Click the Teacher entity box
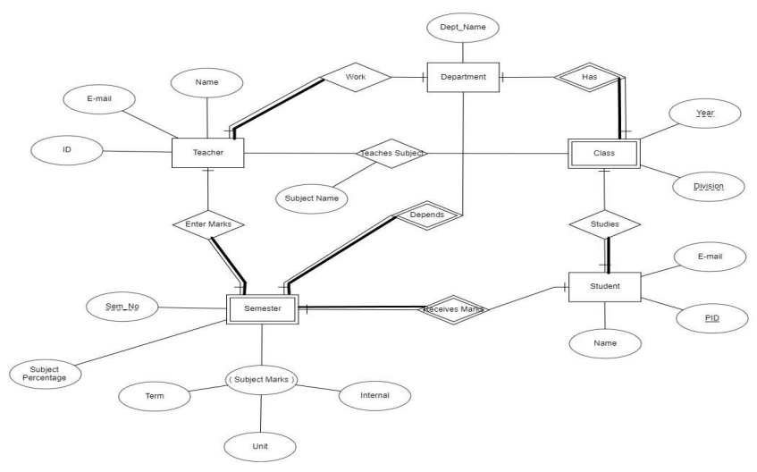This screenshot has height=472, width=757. click(x=207, y=153)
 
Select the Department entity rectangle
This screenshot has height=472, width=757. click(x=463, y=77)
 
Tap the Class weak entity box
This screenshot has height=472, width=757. click(x=604, y=153)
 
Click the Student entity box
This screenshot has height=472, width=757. click(x=604, y=287)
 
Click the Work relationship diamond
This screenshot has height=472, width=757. click(x=357, y=78)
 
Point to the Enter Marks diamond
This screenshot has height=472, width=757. click(x=207, y=224)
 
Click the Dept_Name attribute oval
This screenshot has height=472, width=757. click(x=463, y=27)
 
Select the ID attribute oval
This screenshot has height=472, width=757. click(x=67, y=151)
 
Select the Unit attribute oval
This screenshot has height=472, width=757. click(x=260, y=443)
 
